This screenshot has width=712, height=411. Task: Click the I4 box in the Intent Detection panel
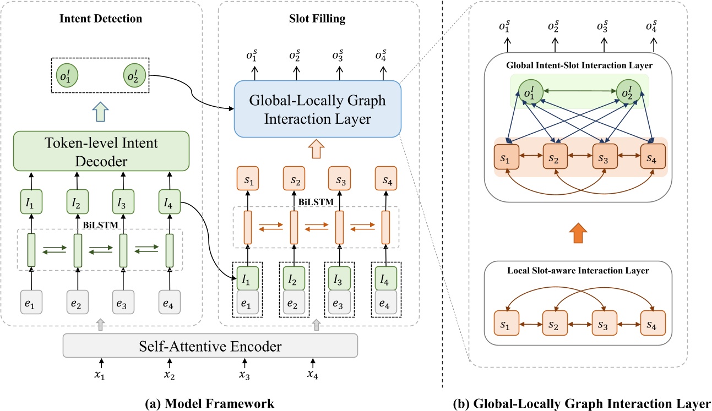coord(170,201)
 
